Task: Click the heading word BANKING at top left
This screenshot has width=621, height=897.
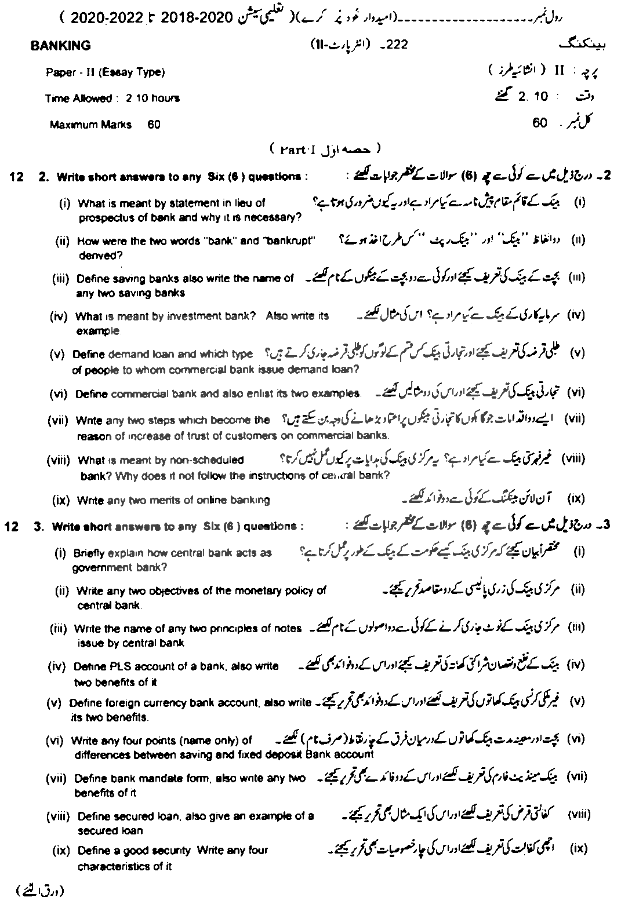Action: [60, 46]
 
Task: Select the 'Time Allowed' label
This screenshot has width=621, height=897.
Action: [78, 99]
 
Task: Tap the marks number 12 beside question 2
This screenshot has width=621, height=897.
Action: [16, 177]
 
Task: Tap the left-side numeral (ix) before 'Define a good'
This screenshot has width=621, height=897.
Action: [61, 851]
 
